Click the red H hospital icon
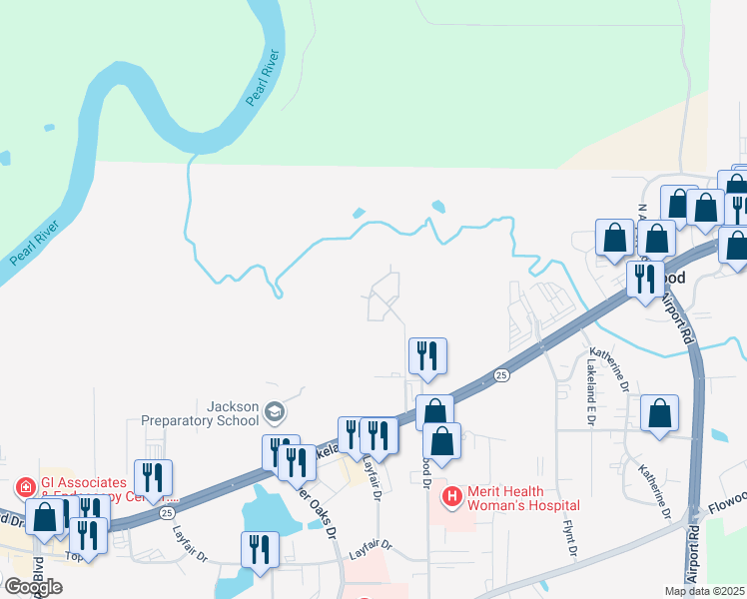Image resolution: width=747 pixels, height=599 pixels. coord(451,496)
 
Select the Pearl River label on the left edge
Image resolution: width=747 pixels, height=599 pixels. coord(37,238)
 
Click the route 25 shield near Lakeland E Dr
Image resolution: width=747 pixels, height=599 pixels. coord(501,375)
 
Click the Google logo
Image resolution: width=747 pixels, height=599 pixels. coord(33,587)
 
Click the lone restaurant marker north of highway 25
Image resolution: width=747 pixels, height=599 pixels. coord(427,356)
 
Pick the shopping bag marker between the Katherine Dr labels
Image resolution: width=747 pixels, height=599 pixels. coord(659,413)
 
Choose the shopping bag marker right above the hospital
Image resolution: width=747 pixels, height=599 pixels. coord(442,440)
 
